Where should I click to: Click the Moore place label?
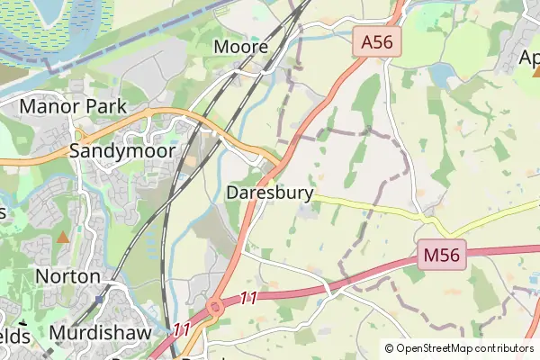[241, 47]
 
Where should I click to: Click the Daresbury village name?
[270, 193]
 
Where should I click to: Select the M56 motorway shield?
[442, 256]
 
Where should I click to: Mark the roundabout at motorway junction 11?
[215, 308]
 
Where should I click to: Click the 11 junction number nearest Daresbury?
[249, 296]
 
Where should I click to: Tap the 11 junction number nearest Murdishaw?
[182, 330]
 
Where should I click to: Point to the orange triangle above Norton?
[63, 238]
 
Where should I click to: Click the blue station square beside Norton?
[99, 299]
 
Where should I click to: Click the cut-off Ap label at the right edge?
[529, 58]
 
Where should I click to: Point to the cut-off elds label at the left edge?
[13, 336]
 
